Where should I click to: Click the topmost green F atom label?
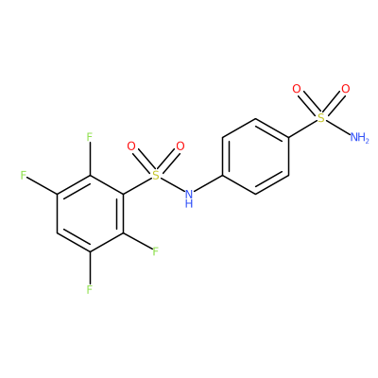click(90, 137)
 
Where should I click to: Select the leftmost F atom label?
click(24, 176)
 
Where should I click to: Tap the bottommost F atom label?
click(90, 289)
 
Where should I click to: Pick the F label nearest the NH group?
click(155, 251)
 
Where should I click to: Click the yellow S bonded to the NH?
click(155, 176)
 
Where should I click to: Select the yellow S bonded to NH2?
click(321, 118)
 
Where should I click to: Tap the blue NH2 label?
click(359, 138)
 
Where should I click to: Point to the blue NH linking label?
click(189, 198)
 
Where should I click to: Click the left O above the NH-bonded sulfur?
click(131, 146)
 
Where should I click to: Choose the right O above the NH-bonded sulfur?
click(180, 146)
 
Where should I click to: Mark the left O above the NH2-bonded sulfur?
click(297, 89)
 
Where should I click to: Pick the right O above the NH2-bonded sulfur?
click(346, 89)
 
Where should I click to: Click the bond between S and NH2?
click(337, 128)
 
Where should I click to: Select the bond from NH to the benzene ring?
click(208, 183)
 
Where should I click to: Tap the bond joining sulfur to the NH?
click(172, 185)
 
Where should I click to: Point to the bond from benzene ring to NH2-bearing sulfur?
click(302, 129)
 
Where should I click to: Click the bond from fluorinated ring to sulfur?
click(137, 186)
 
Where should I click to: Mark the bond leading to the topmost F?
click(90, 159)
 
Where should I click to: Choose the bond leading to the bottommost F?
click(90, 267)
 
